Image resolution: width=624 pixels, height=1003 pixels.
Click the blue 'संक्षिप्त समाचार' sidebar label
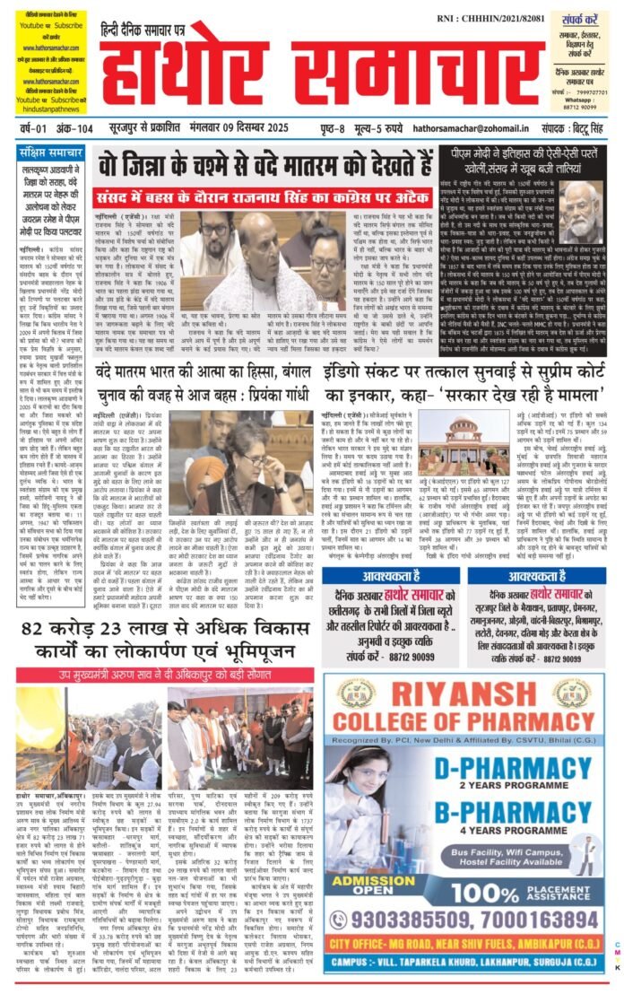(x=53, y=152)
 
